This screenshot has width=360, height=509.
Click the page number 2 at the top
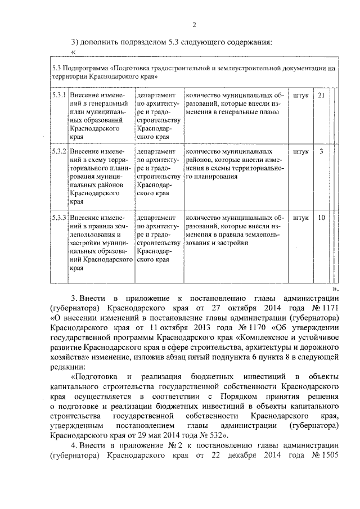pos(194,24)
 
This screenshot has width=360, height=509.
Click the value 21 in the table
pos(321,95)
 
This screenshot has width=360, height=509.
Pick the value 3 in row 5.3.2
pos(321,152)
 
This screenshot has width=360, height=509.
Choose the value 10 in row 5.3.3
pos(321,218)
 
